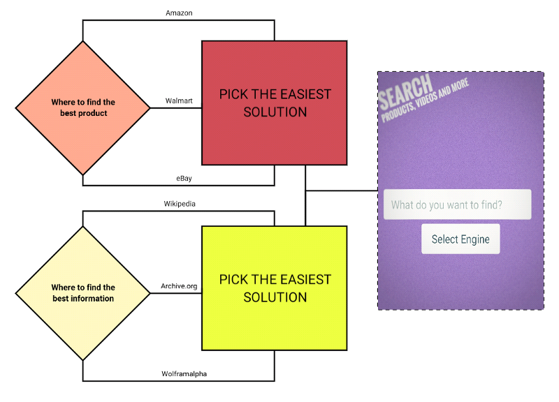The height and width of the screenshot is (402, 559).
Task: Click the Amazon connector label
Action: (179, 13)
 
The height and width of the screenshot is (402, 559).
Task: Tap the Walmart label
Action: (178, 100)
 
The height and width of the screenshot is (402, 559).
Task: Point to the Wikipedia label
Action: (180, 204)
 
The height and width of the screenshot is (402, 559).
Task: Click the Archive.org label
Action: (179, 285)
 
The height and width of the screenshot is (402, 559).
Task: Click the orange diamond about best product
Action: (82, 107)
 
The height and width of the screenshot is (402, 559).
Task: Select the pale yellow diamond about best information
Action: (82, 292)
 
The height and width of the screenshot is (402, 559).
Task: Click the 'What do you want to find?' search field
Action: (457, 205)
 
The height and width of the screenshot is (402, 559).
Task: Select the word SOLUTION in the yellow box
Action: (275, 297)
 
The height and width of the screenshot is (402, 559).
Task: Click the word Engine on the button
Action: (475, 239)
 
